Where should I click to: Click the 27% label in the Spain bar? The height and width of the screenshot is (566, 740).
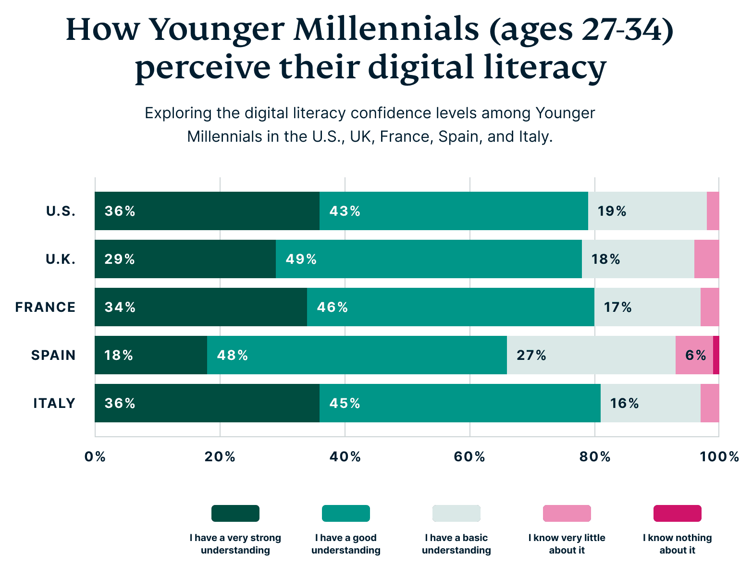click(x=531, y=355)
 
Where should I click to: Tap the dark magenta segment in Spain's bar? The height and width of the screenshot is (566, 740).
click(x=716, y=355)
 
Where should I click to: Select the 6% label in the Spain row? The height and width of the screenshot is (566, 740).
click(x=695, y=355)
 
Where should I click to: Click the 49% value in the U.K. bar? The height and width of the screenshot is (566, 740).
click(x=301, y=259)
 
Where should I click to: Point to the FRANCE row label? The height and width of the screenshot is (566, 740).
click(x=45, y=307)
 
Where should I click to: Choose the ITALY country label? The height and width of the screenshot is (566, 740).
click(x=54, y=403)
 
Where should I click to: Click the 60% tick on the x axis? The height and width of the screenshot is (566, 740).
click(x=469, y=456)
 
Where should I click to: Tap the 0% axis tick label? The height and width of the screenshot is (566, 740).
click(x=95, y=456)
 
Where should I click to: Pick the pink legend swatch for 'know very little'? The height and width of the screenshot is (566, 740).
click(x=567, y=513)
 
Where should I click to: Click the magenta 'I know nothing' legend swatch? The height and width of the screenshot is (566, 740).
click(x=677, y=513)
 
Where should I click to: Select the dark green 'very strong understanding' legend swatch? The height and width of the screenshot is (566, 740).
click(x=235, y=513)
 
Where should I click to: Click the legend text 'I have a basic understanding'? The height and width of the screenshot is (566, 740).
click(x=456, y=544)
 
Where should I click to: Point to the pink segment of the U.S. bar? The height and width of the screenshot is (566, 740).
click(x=713, y=211)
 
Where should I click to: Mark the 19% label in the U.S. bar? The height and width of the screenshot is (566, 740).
click(x=612, y=211)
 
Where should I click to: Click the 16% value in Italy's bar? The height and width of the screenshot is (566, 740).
click(x=624, y=403)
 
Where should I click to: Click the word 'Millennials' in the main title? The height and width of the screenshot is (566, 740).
click(x=386, y=30)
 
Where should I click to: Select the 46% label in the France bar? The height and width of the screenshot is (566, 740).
click(x=332, y=307)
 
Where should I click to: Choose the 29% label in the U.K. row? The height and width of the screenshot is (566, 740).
click(x=120, y=259)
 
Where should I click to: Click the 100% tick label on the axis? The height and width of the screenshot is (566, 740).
click(x=719, y=456)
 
